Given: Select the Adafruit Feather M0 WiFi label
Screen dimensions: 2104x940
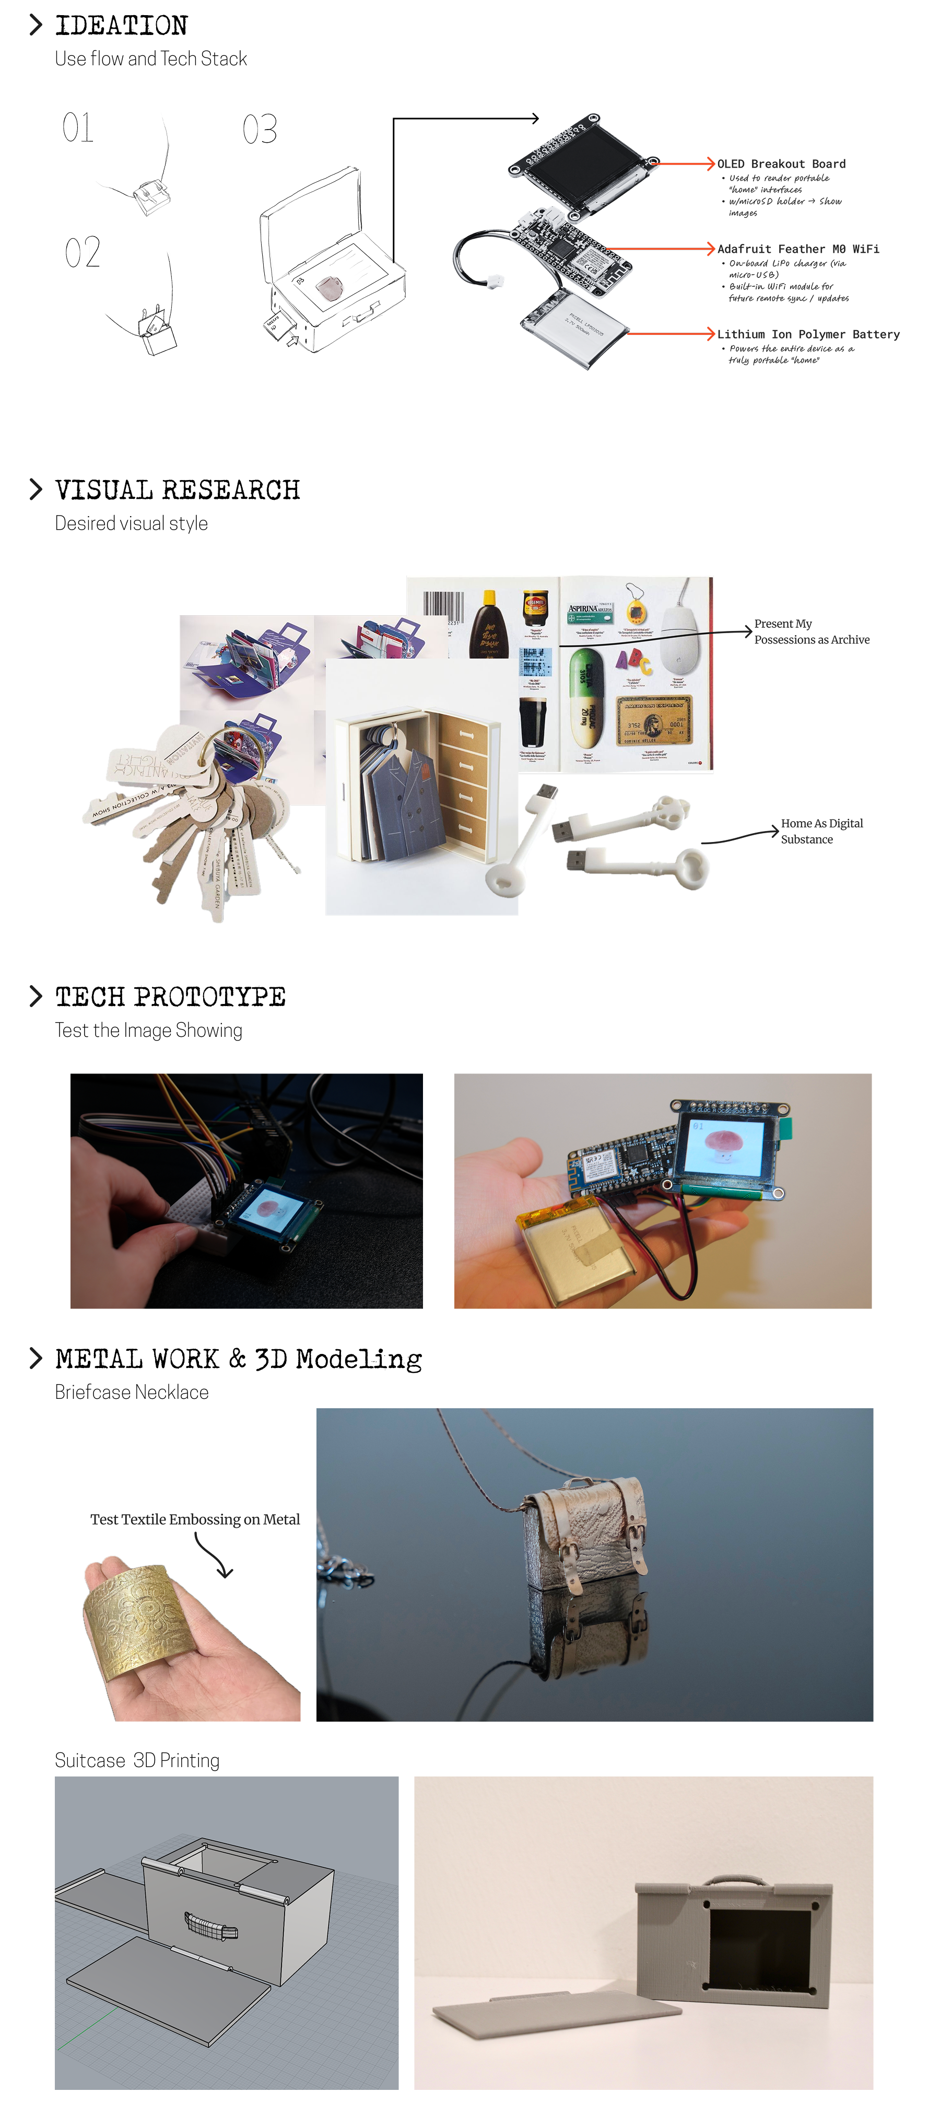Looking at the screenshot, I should (x=798, y=249).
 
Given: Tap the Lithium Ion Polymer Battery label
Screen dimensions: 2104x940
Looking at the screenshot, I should (x=808, y=334).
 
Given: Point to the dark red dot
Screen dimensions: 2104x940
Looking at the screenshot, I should (x=331, y=288).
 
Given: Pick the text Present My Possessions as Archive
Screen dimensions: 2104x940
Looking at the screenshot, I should (x=811, y=632).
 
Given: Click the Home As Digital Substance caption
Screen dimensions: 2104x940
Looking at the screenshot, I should (x=821, y=831).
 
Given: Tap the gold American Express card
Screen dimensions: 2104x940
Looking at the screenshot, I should (x=653, y=720).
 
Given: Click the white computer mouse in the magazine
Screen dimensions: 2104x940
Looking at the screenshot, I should (x=681, y=624).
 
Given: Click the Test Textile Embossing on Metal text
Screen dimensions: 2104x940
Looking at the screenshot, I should (x=194, y=1519).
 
